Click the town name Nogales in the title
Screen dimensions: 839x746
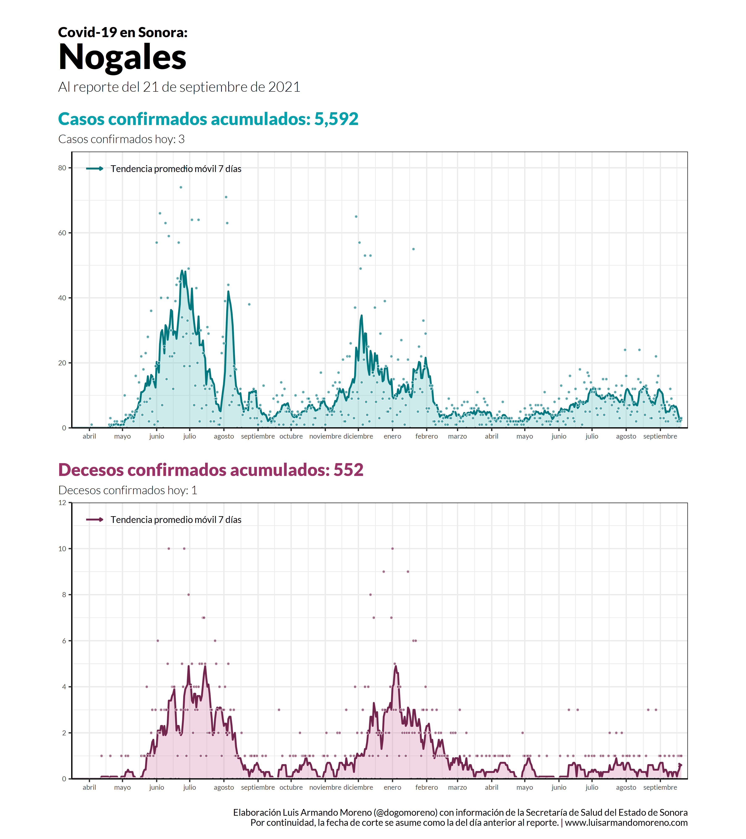[122, 57]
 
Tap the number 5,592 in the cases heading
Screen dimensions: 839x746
[336, 119]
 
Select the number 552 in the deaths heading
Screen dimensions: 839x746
[348, 470]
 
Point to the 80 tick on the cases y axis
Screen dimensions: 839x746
[62, 168]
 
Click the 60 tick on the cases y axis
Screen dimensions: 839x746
[62, 233]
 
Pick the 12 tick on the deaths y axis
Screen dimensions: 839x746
[62, 503]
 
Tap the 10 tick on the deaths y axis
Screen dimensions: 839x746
[62, 549]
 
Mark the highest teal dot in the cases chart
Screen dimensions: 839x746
[181, 187]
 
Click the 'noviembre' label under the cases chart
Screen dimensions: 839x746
[325, 436]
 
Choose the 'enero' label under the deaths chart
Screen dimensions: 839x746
[392, 787]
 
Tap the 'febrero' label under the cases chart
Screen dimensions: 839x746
[427, 436]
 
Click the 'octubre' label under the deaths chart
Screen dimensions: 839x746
[291, 787]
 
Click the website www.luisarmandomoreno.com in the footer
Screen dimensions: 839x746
[626, 823]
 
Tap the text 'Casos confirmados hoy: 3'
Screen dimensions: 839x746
[122, 139]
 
